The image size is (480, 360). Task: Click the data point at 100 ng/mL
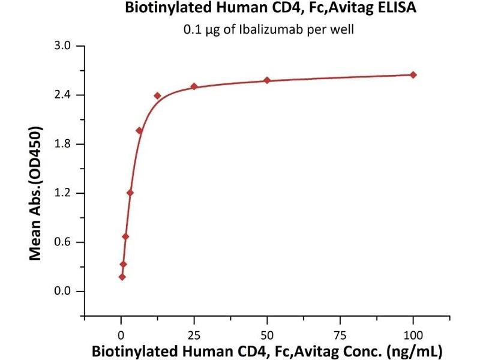click(413, 74)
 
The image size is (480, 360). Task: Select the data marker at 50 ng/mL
click(267, 80)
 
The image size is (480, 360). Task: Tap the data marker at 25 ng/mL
click(194, 86)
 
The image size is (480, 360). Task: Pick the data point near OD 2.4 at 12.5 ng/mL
click(157, 95)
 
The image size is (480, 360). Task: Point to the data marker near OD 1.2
click(130, 193)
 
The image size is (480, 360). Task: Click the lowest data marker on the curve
click(122, 277)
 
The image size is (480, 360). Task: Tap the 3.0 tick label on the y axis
click(63, 46)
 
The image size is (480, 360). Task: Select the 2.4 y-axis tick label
click(63, 95)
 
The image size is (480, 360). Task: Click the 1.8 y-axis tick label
click(63, 144)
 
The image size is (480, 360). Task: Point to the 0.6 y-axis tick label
click(63, 242)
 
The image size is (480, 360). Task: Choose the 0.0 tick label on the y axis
click(63, 292)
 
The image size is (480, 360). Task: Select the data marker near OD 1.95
click(139, 130)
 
